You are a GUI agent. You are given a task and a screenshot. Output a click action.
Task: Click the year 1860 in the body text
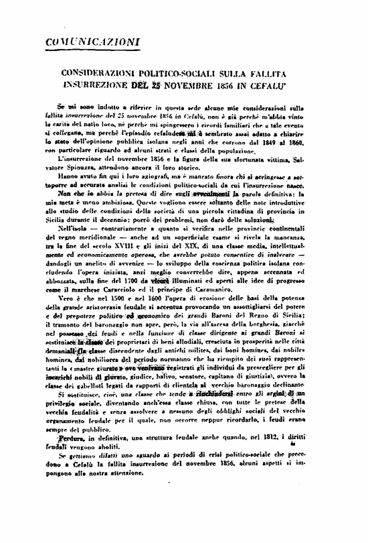coord(312,142)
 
